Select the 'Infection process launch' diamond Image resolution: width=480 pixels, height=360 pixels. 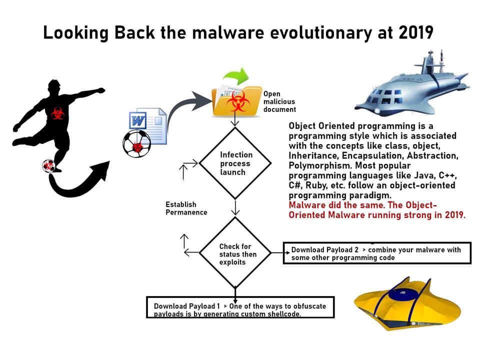(235, 163)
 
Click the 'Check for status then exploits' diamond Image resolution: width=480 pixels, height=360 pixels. (235, 252)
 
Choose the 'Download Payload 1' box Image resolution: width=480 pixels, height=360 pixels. (240, 307)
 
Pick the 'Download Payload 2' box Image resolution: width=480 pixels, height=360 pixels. (377, 253)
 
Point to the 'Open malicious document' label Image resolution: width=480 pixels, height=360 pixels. (279, 101)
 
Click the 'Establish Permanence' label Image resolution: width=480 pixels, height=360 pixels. (186, 208)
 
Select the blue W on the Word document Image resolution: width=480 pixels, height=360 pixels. (138, 120)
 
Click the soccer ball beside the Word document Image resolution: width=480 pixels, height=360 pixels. (136, 143)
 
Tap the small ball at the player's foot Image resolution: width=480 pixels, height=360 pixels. (48, 166)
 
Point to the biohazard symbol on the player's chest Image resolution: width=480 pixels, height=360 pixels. (57, 113)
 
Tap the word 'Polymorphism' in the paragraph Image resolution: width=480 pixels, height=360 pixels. (320, 165)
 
